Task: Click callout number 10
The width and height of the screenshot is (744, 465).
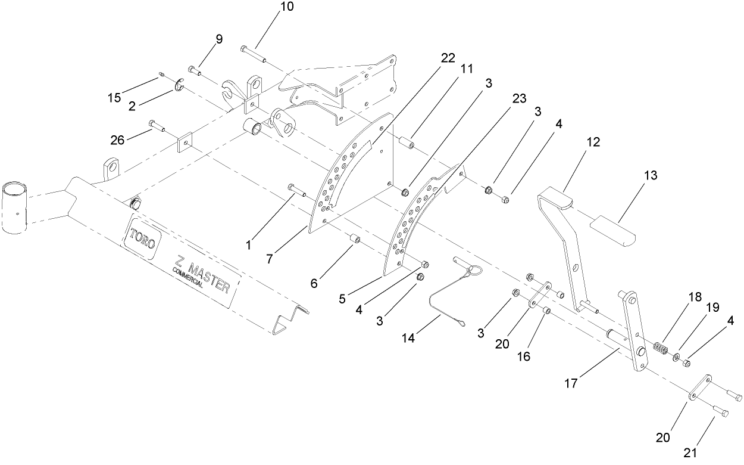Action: pyautogui.click(x=286, y=7)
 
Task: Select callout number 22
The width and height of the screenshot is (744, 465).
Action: pyautogui.click(x=448, y=58)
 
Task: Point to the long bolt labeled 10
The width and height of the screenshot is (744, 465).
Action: pyautogui.click(x=253, y=52)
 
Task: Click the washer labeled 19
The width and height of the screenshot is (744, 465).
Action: pyautogui.click(x=677, y=356)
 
